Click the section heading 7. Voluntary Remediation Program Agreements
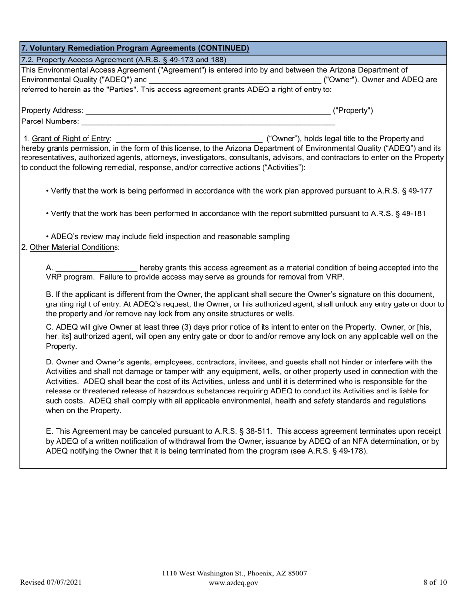(135, 48)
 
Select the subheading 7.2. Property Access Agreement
(123, 60)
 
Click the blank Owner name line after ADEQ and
(235, 80)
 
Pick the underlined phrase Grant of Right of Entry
(71, 139)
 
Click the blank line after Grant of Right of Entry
(189, 140)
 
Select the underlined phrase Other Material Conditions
(72, 247)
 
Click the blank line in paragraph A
(96, 269)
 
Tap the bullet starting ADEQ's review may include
(167, 236)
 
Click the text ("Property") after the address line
(353, 110)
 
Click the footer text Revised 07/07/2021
(51, 583)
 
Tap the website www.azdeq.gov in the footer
(233, 583)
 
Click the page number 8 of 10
(435, 583)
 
